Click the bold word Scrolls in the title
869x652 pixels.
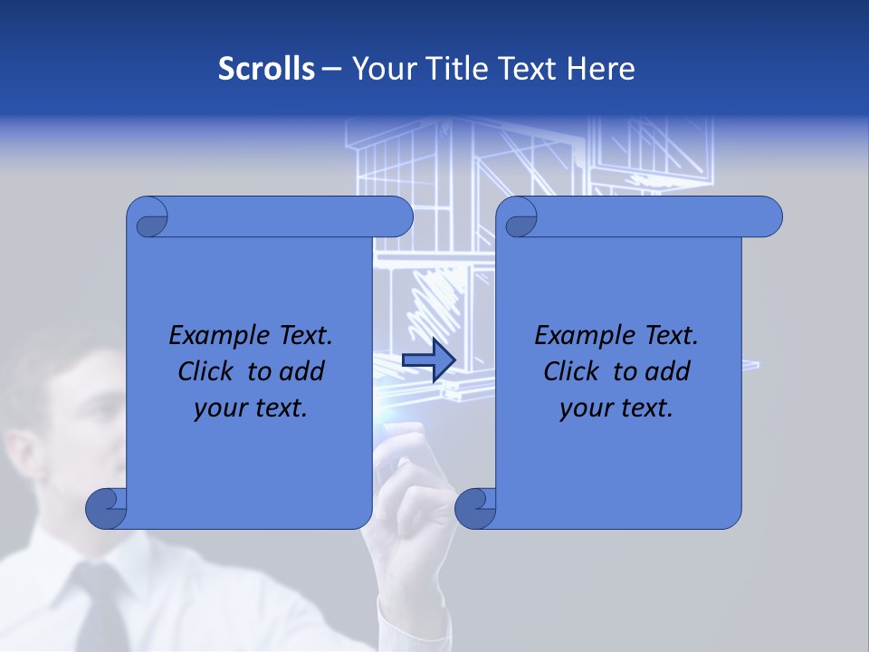pos(266,69)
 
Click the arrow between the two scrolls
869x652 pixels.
pos(428,360)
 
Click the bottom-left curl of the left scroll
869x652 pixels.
pos(106,509)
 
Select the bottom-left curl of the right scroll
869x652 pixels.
pos(475,509)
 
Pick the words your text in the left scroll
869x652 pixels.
pos(251,407)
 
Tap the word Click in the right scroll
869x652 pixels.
pos(570,371)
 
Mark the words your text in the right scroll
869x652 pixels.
pos(616,407)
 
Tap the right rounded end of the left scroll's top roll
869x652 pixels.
pos(398,216)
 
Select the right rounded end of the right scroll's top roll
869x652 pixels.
pos(768,216)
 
